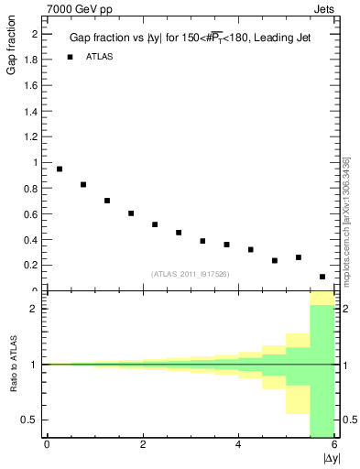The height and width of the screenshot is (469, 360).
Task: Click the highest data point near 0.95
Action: pyautogui.click(x=60, y=169)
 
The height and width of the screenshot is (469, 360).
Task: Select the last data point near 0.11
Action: pyautogui.click(x=322, y=277)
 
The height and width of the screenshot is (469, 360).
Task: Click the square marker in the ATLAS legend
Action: pyautogui.click(x=70, y=57)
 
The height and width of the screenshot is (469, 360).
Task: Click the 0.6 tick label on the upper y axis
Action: pyautogui.click(x=31, y=213)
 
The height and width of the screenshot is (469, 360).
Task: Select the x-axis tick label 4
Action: pyautogui.click(x=238, y=444)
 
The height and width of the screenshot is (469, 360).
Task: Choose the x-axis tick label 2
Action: pyautogui.click(x=143, y=444)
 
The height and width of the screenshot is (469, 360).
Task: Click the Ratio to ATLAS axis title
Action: pyautogui.click(x=12, y=365)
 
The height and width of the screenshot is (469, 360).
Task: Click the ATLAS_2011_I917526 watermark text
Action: pyautogui.click(x=190, y=273)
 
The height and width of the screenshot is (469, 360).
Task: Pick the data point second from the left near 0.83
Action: pyautogui.click(x=83, y=184)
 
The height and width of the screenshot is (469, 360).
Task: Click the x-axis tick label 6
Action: pyautogui.click(x=334, y=444)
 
